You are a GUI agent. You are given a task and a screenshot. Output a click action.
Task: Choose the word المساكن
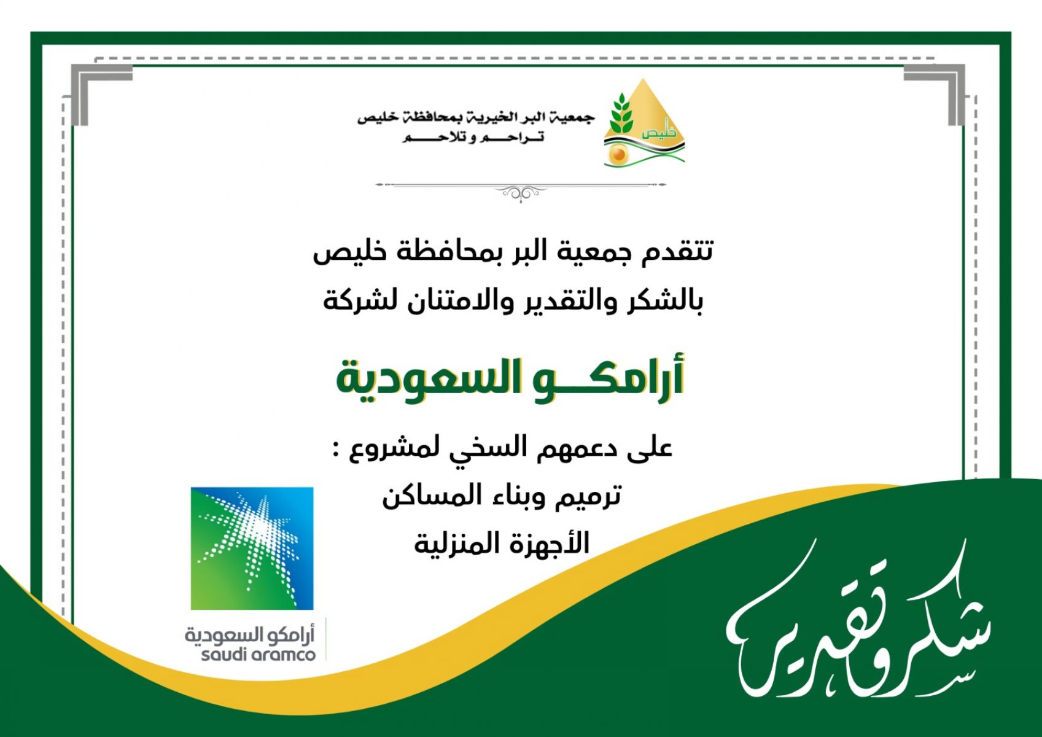[x=425, y=496]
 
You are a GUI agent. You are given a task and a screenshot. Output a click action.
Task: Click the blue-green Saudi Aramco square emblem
[x=252, y=548]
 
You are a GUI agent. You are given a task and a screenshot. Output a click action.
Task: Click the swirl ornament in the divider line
[x=521, y=192]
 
